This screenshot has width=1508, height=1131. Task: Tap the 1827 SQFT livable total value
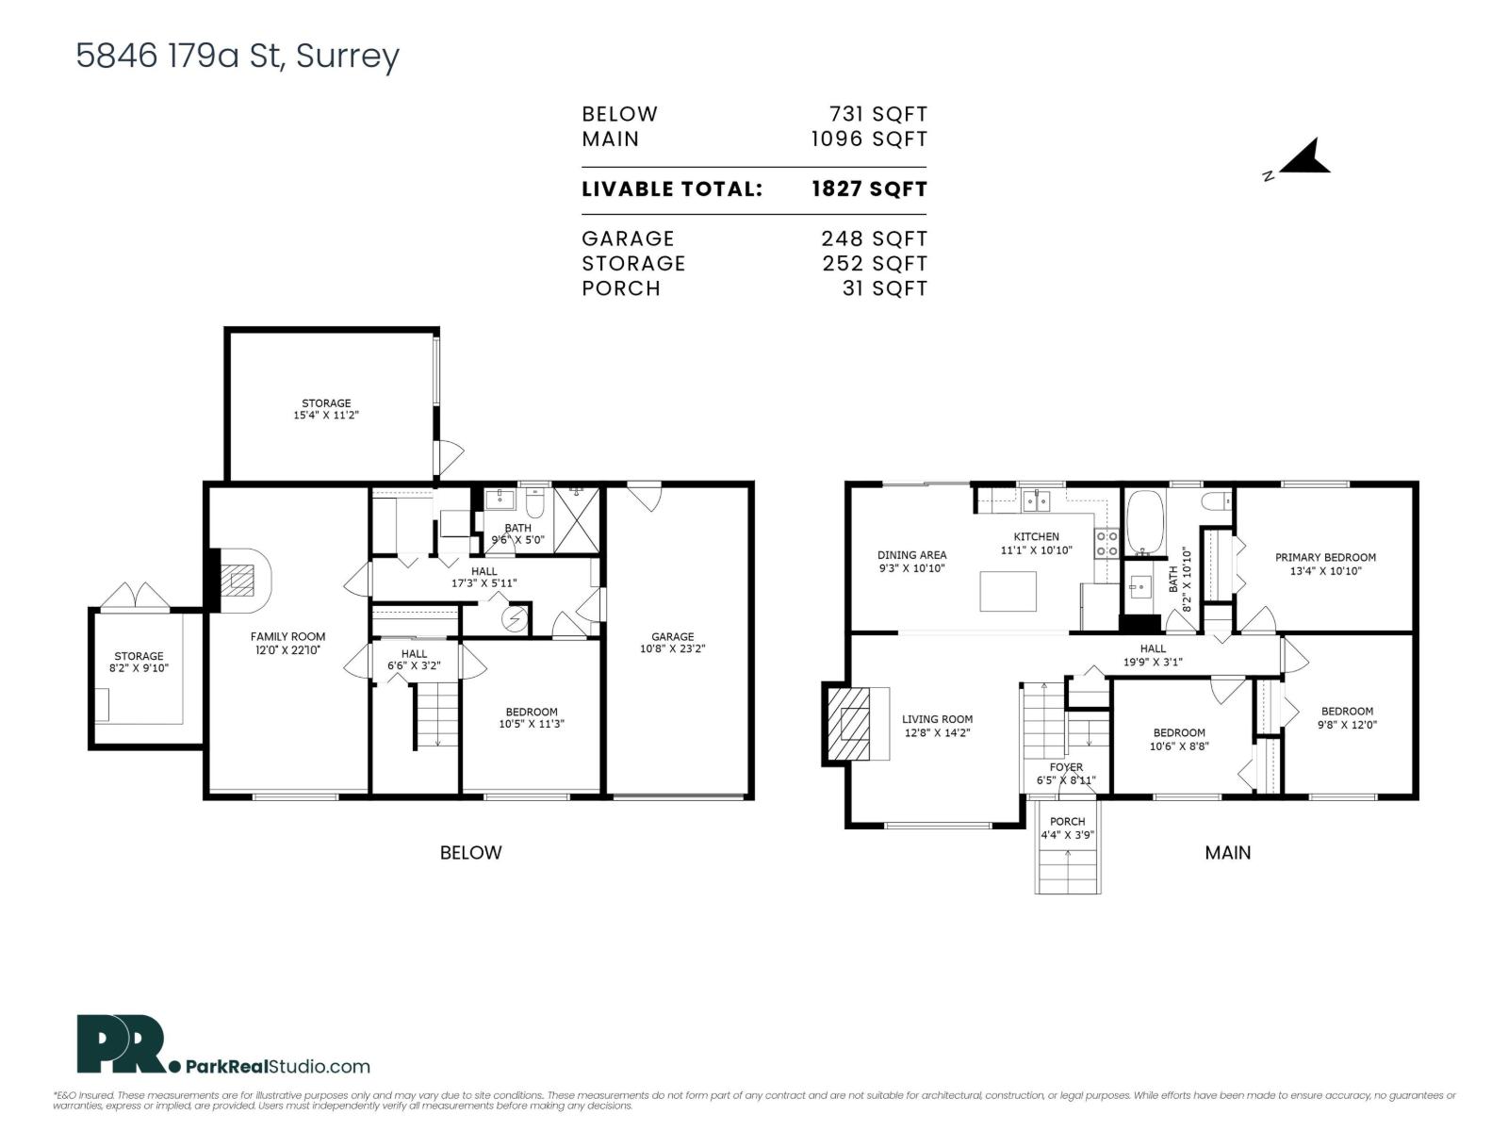869,188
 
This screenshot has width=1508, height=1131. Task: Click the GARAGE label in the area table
628,238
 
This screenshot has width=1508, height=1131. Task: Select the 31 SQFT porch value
884,288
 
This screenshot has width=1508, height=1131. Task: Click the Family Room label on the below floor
287,643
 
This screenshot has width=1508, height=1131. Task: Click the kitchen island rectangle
1008,591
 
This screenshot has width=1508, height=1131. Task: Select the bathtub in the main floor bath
1146,523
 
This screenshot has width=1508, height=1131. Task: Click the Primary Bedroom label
1325,564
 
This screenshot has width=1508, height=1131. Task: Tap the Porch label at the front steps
1067,828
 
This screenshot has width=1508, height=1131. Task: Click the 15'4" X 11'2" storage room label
326,409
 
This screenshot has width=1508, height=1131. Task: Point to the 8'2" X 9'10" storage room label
139,662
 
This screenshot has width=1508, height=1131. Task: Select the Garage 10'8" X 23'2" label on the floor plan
672,643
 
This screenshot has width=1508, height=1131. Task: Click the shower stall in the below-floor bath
576,519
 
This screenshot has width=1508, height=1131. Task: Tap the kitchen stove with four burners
1106,543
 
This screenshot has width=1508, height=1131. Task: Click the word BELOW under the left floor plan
470,852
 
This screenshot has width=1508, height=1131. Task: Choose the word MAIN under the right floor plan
1227,852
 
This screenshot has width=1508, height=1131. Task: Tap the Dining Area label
911,562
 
